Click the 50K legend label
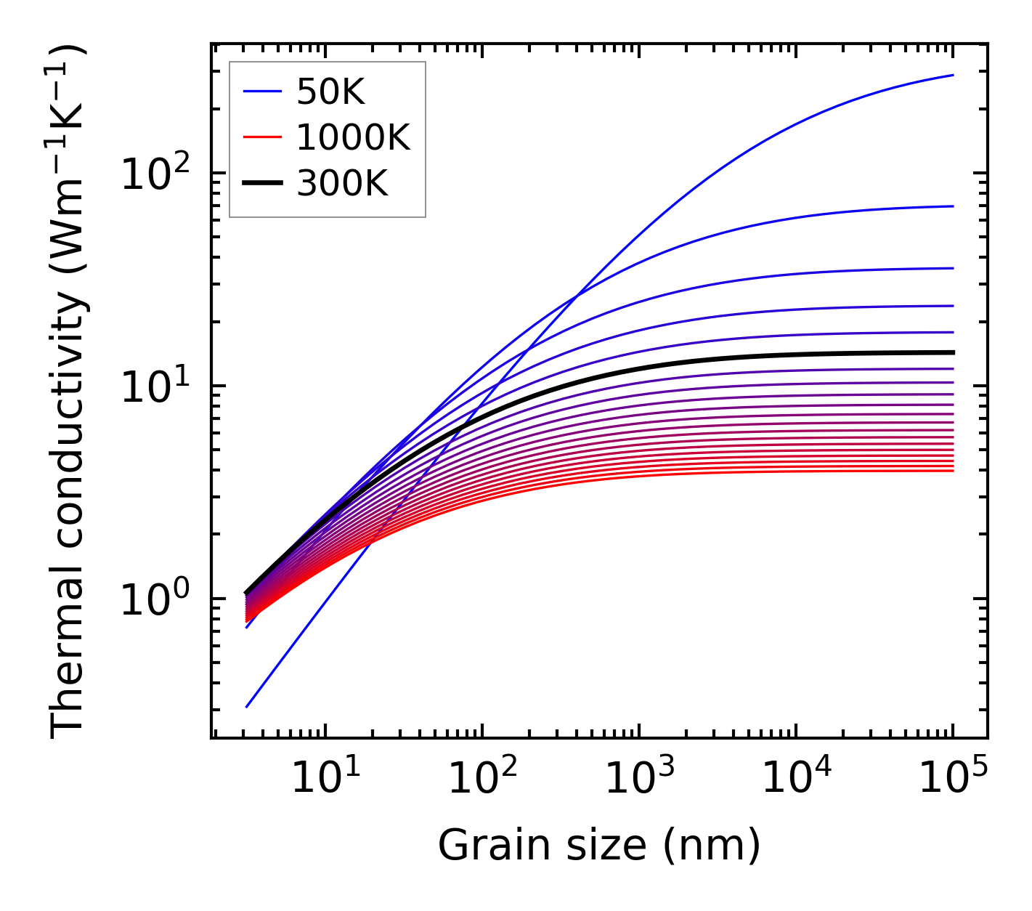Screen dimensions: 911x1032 tap(330, 92)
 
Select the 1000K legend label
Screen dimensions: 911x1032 tap(353, 137)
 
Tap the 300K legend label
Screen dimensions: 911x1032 tap(342, 184)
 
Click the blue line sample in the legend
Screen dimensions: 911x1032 tap(261, 92)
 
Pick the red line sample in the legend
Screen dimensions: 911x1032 tap(261, 137)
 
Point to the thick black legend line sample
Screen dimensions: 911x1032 tap(261, 184)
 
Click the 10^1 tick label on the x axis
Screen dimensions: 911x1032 tap(325, 779)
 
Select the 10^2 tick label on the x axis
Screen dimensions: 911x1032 tap(482, 779)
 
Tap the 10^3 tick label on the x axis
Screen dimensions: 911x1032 tap(639, 779)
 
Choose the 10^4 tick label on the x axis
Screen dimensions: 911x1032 tap(796, 779)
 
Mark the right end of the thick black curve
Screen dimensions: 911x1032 tap(952, 352)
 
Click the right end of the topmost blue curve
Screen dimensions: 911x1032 tap(952, 75)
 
